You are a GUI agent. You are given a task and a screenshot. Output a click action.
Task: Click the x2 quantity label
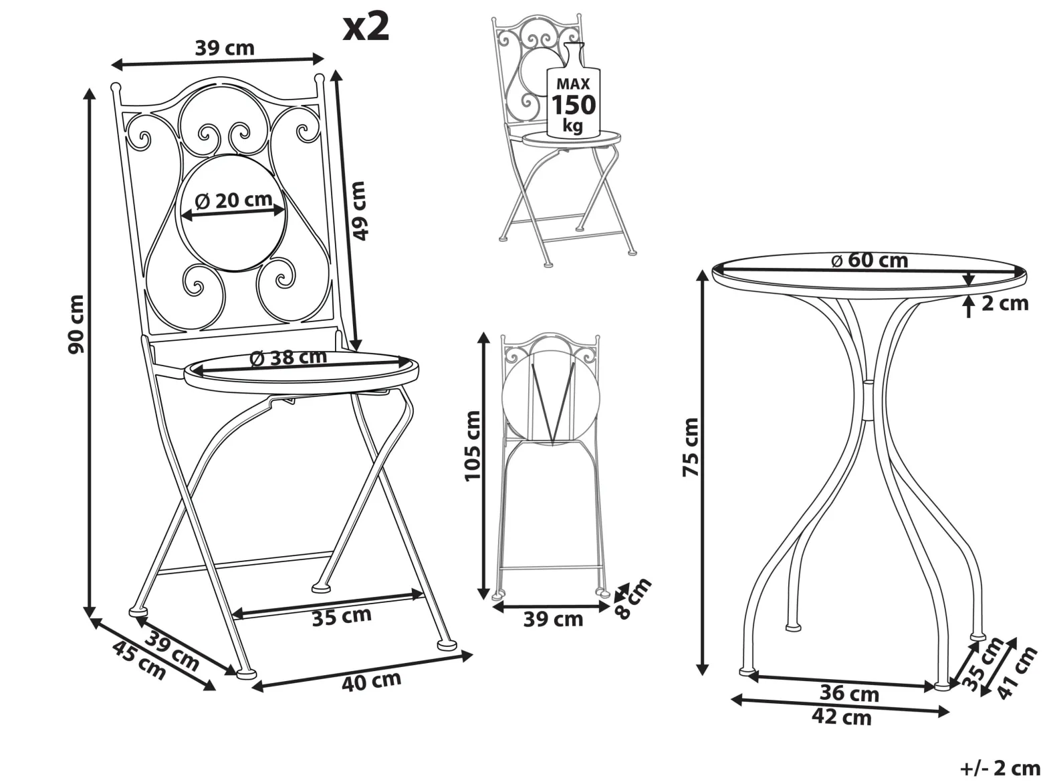366,27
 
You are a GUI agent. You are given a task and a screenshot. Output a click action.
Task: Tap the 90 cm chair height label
76,323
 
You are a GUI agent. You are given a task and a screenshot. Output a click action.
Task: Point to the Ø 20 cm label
234,200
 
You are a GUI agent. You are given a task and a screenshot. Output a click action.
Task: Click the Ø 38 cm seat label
288,358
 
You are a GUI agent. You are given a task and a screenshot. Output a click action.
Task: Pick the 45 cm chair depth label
140,660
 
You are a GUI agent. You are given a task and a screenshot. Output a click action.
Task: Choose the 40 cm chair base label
372,681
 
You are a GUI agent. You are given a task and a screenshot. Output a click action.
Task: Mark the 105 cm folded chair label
473,446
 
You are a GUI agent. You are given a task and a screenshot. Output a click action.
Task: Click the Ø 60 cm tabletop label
870,260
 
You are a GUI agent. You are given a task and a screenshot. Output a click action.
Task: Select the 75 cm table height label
691,446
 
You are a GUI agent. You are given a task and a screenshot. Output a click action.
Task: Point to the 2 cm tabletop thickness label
1005,303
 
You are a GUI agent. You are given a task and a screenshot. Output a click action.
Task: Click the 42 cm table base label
842,717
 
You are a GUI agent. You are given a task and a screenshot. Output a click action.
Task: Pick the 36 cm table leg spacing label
849,694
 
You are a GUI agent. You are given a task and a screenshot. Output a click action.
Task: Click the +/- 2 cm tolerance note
1000,768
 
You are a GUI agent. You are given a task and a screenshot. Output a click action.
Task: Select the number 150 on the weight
574,105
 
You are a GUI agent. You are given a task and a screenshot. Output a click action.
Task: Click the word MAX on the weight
573,84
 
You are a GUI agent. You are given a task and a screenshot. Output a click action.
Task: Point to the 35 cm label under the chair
342,616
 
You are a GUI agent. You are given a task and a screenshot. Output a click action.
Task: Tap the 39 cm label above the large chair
225,48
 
